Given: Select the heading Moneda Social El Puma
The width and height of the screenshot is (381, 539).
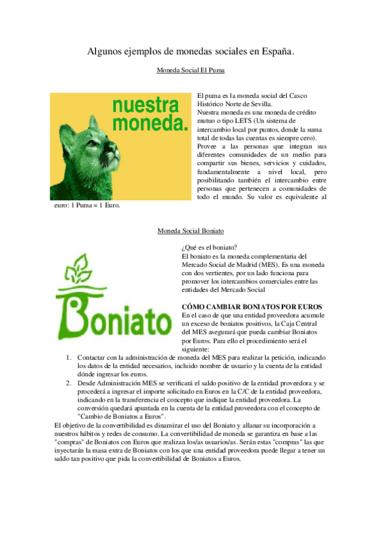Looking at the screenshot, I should pyautogui.click(x=191, y=71).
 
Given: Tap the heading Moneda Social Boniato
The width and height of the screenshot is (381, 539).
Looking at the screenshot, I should pyautogui.click(x=190, y=231).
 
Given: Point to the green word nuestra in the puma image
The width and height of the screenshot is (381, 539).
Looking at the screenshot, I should pyautogui.click(x=145, y=106).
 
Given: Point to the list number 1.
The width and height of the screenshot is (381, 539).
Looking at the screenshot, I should pyautogui.click(x=69, y=357).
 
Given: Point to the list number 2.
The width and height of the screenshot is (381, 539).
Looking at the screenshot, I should pyautogui.click(x=69, y=383).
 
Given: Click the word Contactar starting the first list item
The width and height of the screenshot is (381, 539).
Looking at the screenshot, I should pyautogui.click(x=93, y=357).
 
